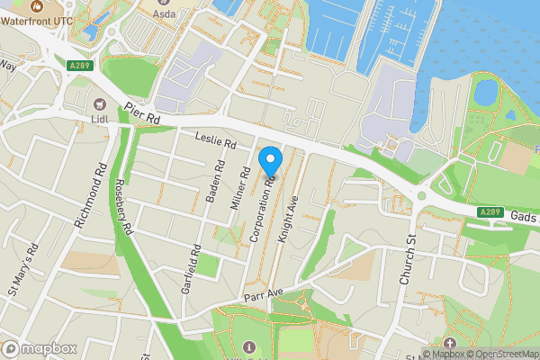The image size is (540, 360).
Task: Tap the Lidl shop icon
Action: (x=100, y=105)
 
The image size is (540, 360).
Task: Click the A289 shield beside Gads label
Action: (x=490, y=211)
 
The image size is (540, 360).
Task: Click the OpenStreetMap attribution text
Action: (x=500, y=354)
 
